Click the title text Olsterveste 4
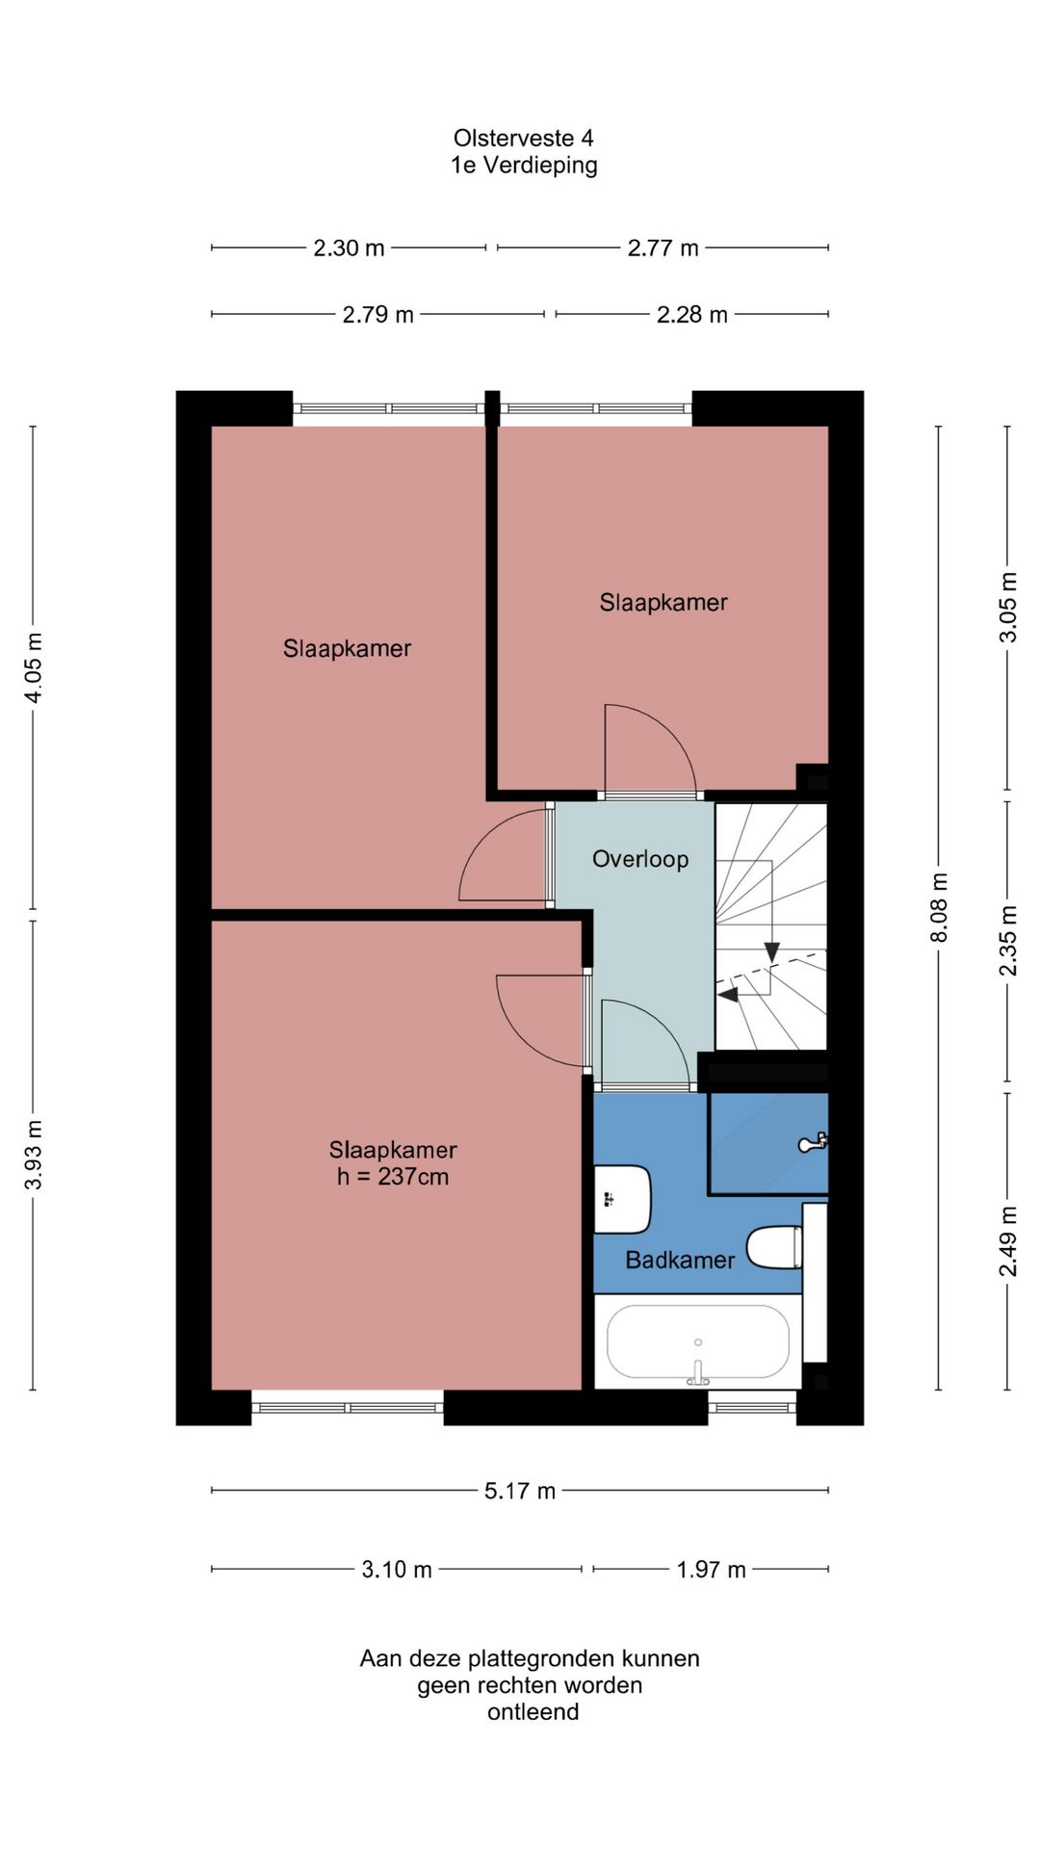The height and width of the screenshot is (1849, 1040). tap(523, 139)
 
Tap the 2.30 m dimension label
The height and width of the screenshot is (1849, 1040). tap(349, 248)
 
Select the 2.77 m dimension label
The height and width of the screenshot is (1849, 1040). tap(663, 248)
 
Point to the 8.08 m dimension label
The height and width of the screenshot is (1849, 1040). tap(940, 908)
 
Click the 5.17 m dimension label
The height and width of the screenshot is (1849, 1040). tap(520, 1491)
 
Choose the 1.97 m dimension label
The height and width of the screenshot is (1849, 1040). tap(711, 1570)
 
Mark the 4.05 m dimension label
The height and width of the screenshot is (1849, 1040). tap(34, 667)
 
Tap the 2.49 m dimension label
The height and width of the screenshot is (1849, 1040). tap(1008, 1241)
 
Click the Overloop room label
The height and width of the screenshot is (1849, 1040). tap(640, 859)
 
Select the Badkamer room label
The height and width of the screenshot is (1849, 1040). tap(680, 1260)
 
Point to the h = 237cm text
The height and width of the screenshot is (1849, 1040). tap(393, 1177)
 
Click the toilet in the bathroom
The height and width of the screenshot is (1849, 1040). tap(775, 1247)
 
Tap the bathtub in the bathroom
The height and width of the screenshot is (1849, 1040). tap(698, 1341)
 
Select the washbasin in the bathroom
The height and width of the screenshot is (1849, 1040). tap(621, 1199)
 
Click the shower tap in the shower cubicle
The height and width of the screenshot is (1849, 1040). tap(814, 1142)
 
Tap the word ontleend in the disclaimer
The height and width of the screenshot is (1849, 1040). tap(533, 1712)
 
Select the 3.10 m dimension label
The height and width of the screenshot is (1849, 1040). tap(397, 1570)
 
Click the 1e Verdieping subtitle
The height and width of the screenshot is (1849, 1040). tap(524, 166)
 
